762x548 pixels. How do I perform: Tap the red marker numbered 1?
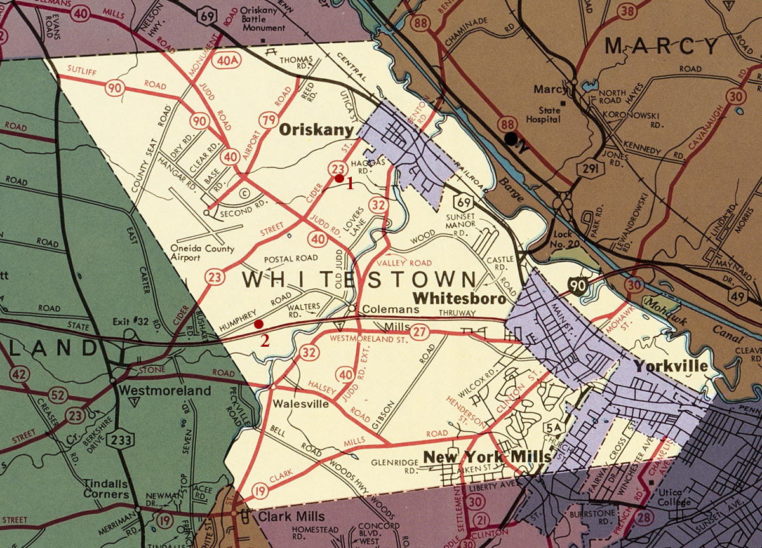coord(339,178)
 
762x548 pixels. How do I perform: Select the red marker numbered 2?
coord(258,324)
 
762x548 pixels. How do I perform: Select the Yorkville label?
coord(669,366)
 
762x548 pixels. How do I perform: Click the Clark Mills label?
coord(291,516)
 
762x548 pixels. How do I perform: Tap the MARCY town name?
coord(662,45)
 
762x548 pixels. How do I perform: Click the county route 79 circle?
coord(268,119)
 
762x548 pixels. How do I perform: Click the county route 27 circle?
coord(418,332)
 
